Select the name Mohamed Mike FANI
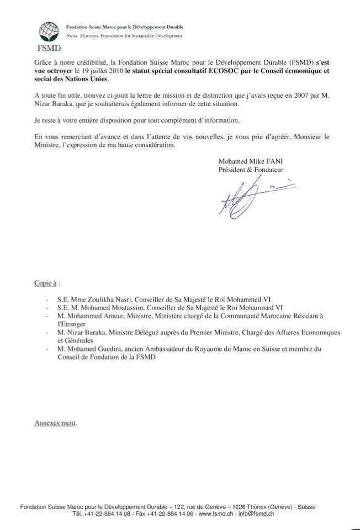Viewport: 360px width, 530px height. (x=250, y=161)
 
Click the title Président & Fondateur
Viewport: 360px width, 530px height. (x=251, y=170)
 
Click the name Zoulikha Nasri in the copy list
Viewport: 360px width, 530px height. (x=100, y=299)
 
